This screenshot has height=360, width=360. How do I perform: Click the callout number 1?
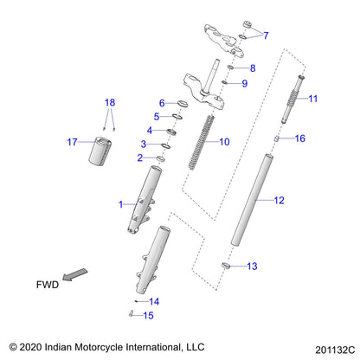pos(121,203)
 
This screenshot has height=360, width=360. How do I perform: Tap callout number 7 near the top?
pos(266,35)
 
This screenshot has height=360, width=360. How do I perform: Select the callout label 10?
pos(224,141)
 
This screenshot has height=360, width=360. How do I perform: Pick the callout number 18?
pos(108,102)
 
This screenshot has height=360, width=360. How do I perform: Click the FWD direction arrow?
pos(78,275)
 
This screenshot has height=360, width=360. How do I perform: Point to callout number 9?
pos(244,83)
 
